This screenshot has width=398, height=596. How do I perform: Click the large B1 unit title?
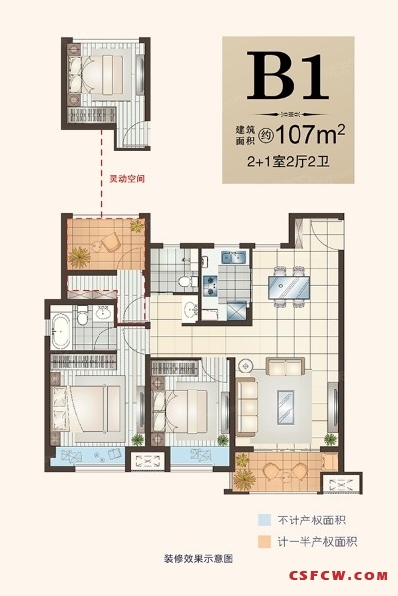click(288, 75)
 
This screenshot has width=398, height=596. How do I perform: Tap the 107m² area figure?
click(309, 134)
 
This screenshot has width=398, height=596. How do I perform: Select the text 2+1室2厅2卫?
click(288, 162)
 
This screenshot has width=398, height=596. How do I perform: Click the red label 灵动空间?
click(127, 178)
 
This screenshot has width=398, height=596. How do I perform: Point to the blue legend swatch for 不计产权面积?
click(264, 520)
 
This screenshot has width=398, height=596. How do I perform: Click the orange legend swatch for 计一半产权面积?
click(264, 542)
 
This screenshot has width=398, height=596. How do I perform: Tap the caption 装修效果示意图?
click(198, 558)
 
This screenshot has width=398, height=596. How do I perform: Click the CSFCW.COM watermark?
click(338, 575)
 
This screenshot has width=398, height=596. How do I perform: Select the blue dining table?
click(289, 287)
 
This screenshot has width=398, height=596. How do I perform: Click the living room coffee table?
click(286, 407)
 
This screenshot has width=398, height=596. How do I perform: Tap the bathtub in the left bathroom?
click(61, 331)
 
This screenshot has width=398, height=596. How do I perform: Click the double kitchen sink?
click(233, 257)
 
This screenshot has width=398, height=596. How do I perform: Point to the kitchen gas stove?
click(210, 285)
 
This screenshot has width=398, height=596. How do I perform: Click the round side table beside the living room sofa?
click(246, 366)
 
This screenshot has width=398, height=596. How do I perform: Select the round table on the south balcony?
click(286, 474)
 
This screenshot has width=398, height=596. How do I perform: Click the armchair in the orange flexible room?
click(111, 241)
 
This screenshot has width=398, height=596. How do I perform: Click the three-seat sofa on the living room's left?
click(246, 406)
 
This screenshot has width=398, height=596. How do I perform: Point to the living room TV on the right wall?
click(333, 407)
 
